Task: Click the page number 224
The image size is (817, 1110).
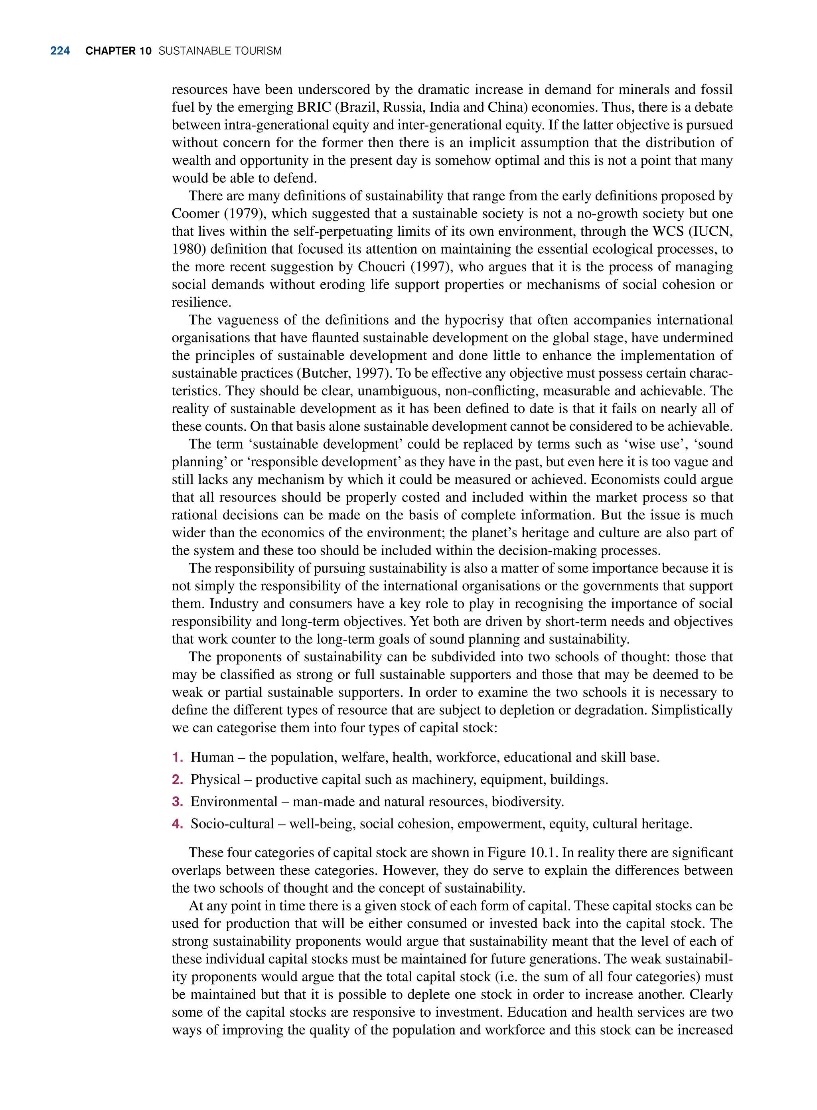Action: (x=60, y=51)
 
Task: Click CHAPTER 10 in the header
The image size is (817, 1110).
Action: (x=118, y=51)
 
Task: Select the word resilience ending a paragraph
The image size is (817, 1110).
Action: (x=200, y=302)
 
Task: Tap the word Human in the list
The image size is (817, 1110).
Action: (x=212, y=757)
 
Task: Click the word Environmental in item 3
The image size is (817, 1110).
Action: (x=234, y=801)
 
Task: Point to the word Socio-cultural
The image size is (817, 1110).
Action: (x=232, y=824)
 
